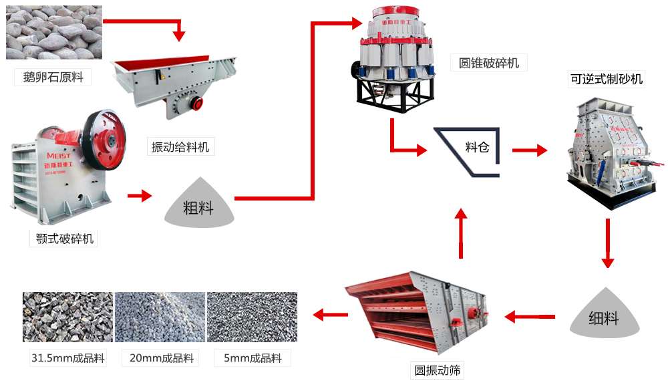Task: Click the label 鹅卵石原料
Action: point(52,78)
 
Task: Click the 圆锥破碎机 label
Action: point(488,63)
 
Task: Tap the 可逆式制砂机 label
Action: point(606,80)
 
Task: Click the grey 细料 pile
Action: point(603,314)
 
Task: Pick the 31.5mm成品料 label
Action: point(67,358)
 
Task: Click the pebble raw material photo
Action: point(54,33)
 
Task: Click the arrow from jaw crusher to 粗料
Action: point(140,195)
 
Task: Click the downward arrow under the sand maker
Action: point(607,244)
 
